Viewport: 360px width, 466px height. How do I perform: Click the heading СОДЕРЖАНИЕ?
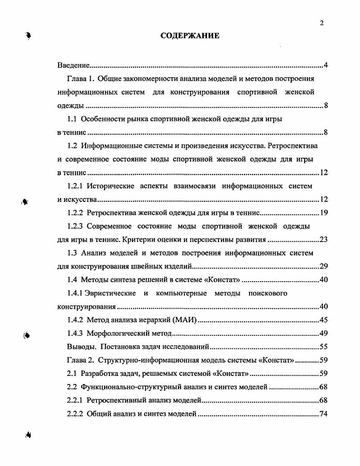(190, 36)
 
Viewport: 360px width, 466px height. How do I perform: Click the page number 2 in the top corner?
(322, 24)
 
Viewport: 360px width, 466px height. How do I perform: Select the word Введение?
(74, 66)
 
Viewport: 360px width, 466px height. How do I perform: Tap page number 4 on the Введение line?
(325, 66)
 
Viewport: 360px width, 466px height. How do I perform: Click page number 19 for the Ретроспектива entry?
(323, 213)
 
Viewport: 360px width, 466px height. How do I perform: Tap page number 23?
(323, 239)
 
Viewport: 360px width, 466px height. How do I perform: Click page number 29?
(323, 266)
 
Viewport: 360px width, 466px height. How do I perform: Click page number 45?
(323, 320)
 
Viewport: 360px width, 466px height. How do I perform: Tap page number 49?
(323, 334)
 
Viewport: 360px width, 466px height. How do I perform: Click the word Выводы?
(81, 347)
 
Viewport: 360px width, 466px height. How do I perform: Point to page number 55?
(323, 347)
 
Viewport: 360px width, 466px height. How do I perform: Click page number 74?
(323, 414)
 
